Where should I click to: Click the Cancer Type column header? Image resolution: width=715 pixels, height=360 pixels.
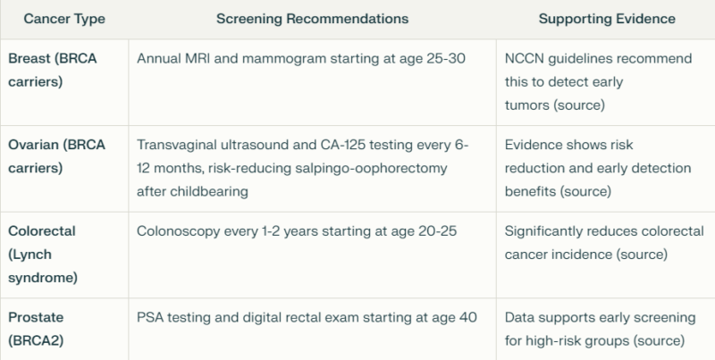tap(64, 19)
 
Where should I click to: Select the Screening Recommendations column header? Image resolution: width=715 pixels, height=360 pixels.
tap(312, 19)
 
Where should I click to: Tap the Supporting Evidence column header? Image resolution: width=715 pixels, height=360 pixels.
tap(607, 19)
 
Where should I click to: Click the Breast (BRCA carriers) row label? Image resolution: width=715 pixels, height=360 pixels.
tap(53, 71)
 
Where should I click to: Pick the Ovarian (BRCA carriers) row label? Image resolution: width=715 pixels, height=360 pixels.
tap(56, 156)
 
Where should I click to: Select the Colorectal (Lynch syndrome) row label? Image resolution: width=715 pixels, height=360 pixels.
tap(43, 255)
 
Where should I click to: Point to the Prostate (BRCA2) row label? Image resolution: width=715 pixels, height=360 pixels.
tap(36, 329)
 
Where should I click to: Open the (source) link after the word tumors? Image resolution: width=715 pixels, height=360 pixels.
tap(579, 105)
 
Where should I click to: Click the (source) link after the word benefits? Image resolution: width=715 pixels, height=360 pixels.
tap(585, 191)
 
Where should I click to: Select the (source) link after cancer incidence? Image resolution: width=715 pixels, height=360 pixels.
tap(642, 255)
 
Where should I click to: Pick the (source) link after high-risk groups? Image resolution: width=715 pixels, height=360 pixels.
tap(659, 340)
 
